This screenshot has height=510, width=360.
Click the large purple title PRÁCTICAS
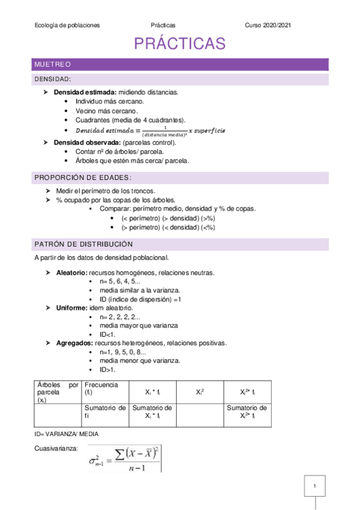180,44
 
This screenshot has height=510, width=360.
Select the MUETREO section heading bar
180,64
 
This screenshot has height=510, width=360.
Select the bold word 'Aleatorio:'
71,272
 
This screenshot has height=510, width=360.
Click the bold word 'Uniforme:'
70,308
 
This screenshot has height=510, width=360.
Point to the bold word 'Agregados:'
73,343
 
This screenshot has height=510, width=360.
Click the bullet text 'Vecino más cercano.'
106,111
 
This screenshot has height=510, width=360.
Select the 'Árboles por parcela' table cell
57,392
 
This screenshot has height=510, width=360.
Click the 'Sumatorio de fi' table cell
104,411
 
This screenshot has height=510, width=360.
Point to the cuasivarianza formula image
124,458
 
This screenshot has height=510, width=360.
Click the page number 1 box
314,485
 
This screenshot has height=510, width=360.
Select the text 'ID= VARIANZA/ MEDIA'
67,434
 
